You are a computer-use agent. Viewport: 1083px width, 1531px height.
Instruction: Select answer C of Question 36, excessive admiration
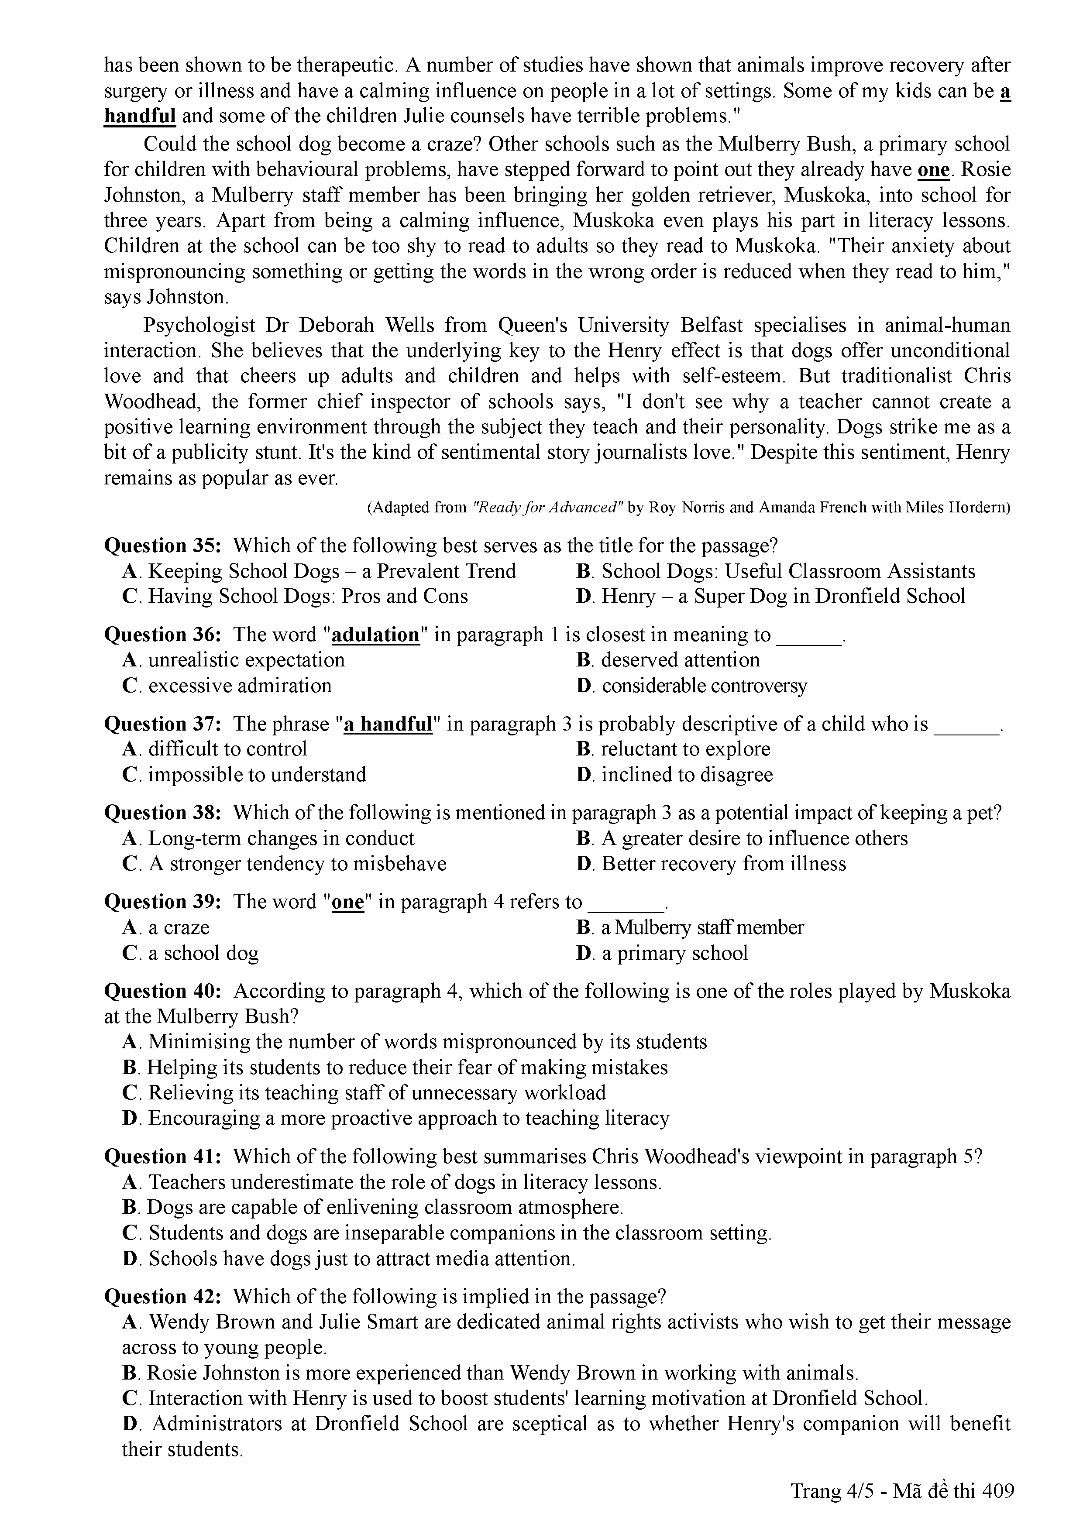227,686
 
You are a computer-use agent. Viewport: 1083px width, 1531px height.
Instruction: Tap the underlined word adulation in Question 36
375,635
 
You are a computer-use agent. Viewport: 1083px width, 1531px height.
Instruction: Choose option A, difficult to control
215,749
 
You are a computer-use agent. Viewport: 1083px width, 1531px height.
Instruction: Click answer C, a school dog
191,954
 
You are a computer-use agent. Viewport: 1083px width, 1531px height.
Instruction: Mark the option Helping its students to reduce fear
395,1068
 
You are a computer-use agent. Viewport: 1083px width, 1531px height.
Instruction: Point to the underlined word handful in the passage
140,117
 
